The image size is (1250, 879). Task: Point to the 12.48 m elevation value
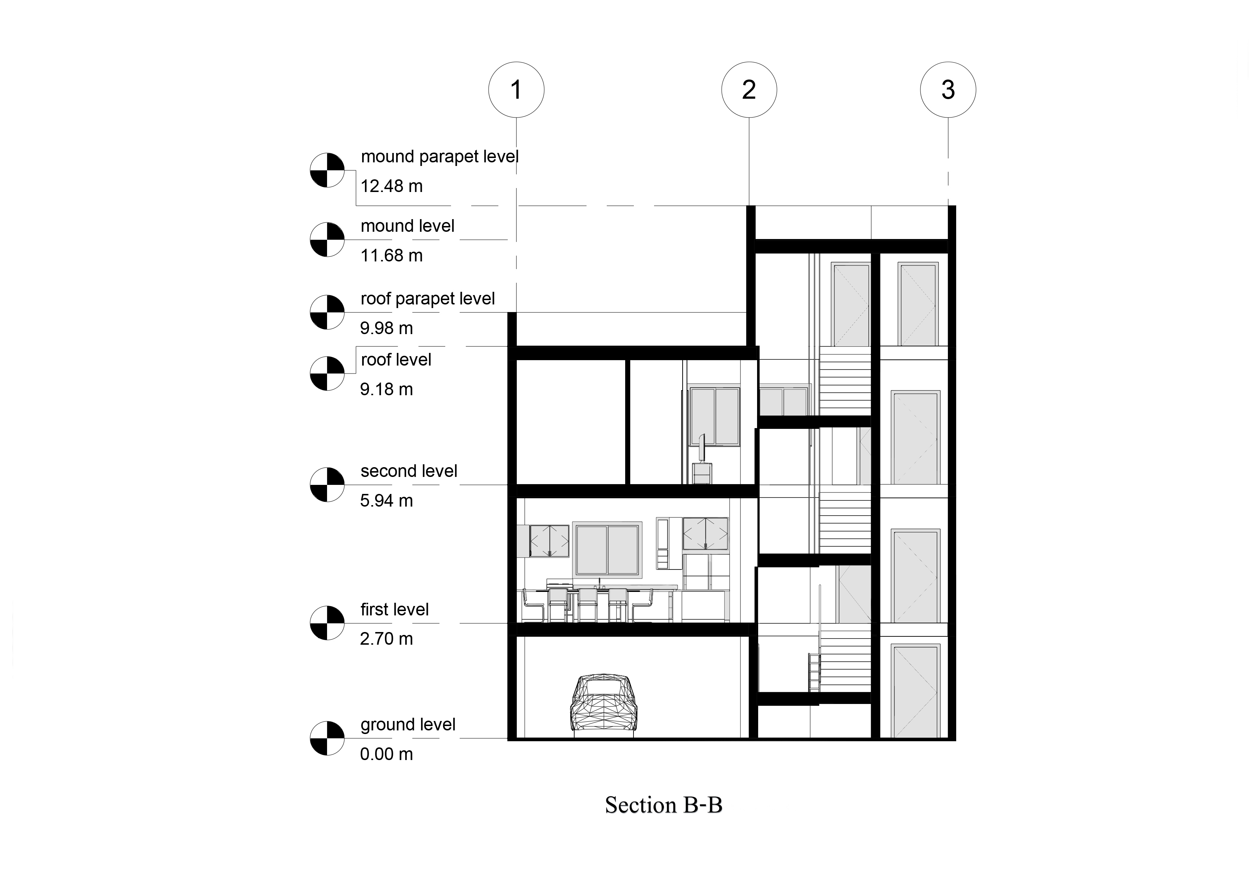click(391, 186)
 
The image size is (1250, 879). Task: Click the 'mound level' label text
click(407, 226)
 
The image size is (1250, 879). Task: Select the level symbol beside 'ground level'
click(327, 738)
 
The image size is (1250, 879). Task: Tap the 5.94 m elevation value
click(387, 500)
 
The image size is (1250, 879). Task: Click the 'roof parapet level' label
click(428, 299)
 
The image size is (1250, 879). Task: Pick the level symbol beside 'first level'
click(327, 623)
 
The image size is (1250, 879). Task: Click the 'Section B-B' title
click(663, 805)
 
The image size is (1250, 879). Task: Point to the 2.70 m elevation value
click(387, 639)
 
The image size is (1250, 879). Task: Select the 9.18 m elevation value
click(387, 389)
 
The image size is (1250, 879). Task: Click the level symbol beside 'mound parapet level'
click(327, 170)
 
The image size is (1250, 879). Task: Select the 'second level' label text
click(409, 471)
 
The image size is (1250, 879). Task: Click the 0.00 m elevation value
click(387, 754)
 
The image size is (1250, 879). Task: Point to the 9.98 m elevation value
click(387, 328)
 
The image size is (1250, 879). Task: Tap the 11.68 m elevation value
click(391, 255)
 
